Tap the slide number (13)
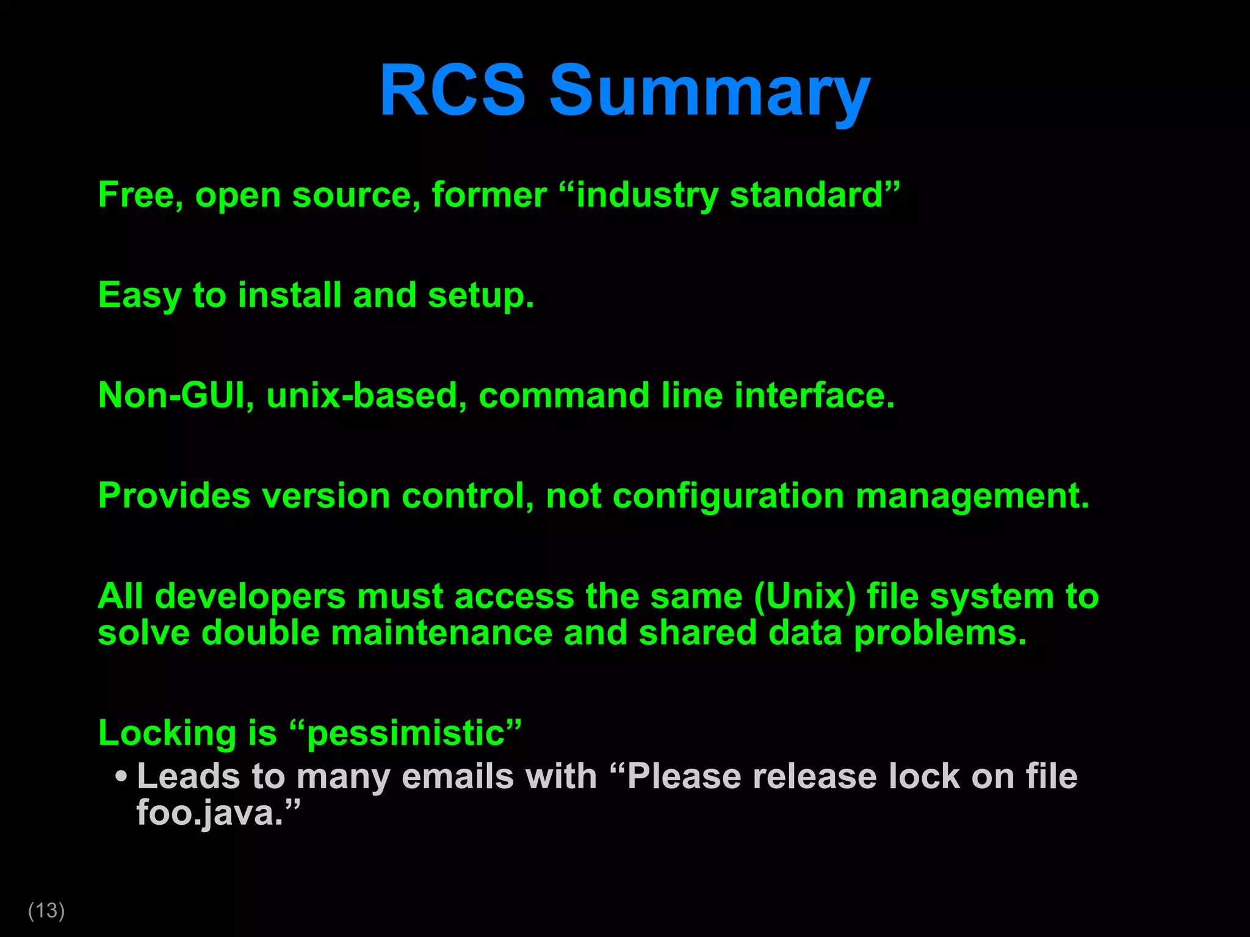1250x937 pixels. pyautogui.click(x=46, y=910)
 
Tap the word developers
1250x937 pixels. pyautogui.click(x=250, y=597)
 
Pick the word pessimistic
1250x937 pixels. pyautogui.click(x=406, y=733)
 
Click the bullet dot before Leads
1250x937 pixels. pyautogui.click(x=121, y=777)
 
